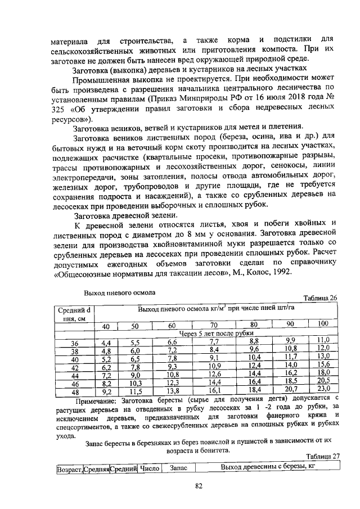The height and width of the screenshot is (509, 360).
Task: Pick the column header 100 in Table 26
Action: (323, 325)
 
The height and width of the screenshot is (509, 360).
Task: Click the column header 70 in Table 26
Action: (214, 325)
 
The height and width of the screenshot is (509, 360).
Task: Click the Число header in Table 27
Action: (151, 468)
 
